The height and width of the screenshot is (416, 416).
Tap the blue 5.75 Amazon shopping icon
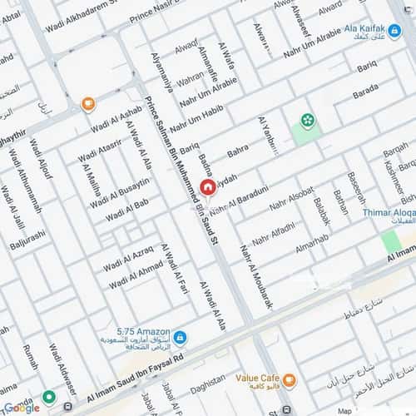tap(180, 337)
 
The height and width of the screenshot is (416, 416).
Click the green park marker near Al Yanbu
tap(308, 121)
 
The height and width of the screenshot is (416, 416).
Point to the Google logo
tap(21, 407)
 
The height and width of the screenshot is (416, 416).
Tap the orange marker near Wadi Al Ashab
tap(88, 104)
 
